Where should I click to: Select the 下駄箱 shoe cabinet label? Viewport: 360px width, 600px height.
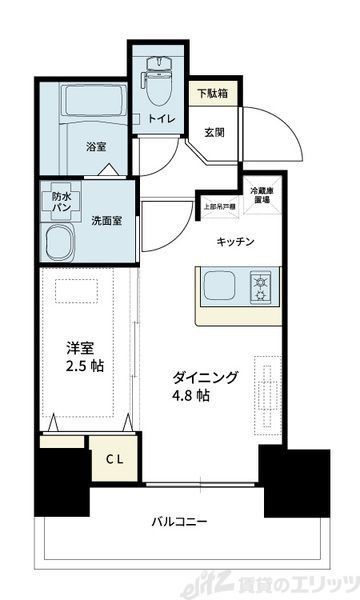click(x=210, y=93)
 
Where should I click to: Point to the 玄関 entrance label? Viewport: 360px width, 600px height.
click(x=215, y=130)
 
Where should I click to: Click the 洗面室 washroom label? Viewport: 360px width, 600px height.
click(x=106, y=221)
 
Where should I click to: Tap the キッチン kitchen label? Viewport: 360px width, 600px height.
click(x=236, y=241)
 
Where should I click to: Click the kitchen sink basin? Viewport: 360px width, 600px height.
click(x=223, y=288)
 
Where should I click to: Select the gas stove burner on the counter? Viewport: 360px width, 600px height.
click(x=263, y=288)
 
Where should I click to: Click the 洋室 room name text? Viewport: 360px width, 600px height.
click(x=82, y=348)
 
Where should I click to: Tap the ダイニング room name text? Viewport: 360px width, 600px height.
click(x=205, y=377)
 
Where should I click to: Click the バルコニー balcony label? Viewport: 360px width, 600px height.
click(x=180, y=522)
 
